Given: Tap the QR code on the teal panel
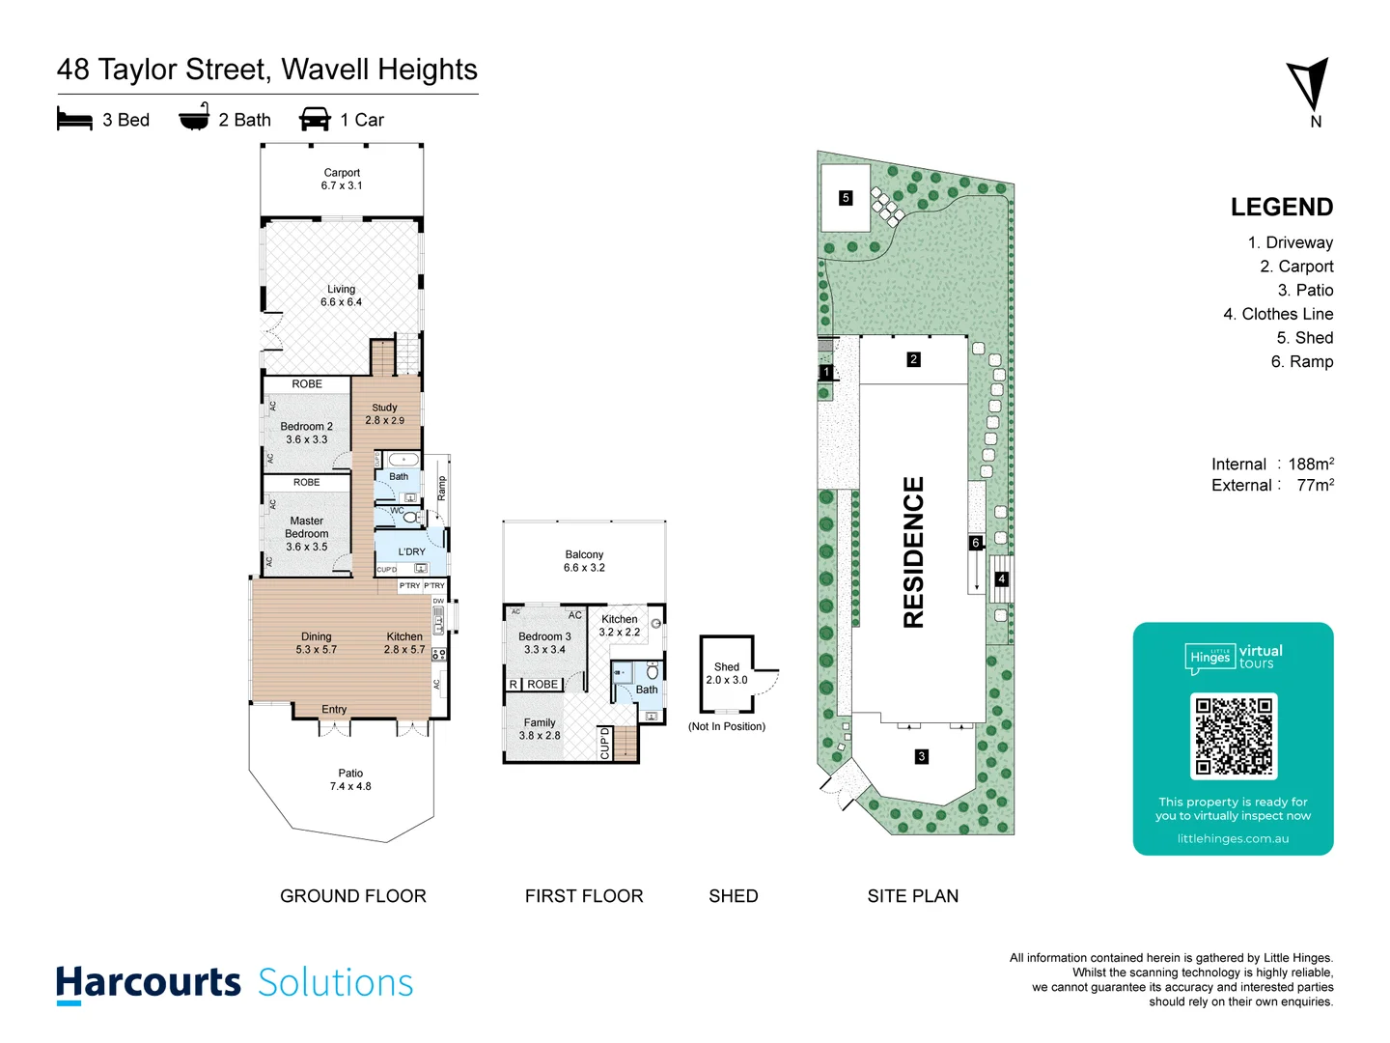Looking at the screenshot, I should click(x=1233, y=736).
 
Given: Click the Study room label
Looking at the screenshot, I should click(x=384, y=414).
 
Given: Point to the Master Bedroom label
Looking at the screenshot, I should click(x=306, y=534).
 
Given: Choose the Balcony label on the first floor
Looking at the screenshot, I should click(x=584, y=561).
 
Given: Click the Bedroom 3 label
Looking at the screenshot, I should click(x=544, y=643).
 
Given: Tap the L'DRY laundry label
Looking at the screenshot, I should click(x=411, y=552).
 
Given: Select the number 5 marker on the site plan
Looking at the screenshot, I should click(x=846, y=198).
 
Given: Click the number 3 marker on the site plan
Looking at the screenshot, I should click(x=922, y=756).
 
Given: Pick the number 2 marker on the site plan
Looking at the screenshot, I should click(x=913, y=359).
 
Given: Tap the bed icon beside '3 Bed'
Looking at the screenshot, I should click(x=74, y=120).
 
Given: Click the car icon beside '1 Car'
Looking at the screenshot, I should click(x=315, y=120).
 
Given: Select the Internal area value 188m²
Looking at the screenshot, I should click(x=1310, y=465).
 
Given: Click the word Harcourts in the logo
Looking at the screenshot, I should click(x=149, y=982).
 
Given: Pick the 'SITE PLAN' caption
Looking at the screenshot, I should click(x=912, y=896).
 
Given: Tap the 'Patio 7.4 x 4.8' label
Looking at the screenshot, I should click(x=350, y=779).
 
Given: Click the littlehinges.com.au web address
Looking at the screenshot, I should click(x=1233, y=838).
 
